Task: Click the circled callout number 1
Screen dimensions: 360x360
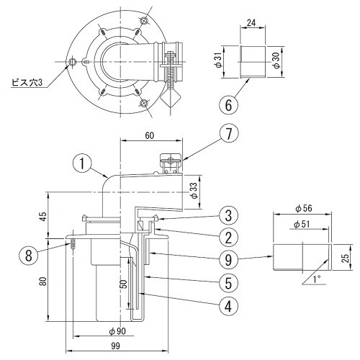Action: click(82, 163)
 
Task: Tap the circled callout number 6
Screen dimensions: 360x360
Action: click(228, 104)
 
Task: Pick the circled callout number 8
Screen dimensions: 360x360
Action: click(29, 256)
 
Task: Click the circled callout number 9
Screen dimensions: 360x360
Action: click(228, 259)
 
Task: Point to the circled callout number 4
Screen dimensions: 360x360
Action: click(228, 306)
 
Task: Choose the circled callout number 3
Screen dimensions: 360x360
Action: click(228, 215)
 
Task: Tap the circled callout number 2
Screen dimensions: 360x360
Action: click(228, 237)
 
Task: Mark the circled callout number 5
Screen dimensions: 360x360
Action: click(228, 283)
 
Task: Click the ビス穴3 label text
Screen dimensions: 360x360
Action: click(27, 83)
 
